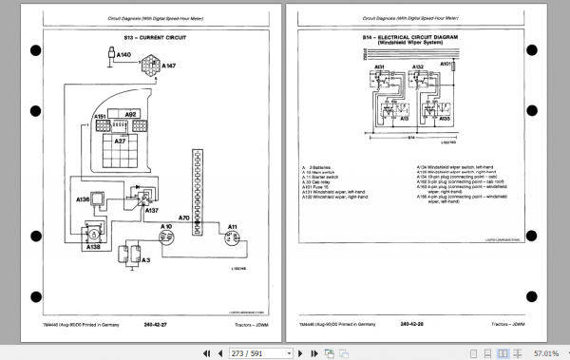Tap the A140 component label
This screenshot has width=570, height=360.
pos(122,56)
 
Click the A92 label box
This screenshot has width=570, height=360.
pos(131,114)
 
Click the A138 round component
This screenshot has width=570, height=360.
pos(95,232)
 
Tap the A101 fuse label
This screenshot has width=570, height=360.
pos(446,65)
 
